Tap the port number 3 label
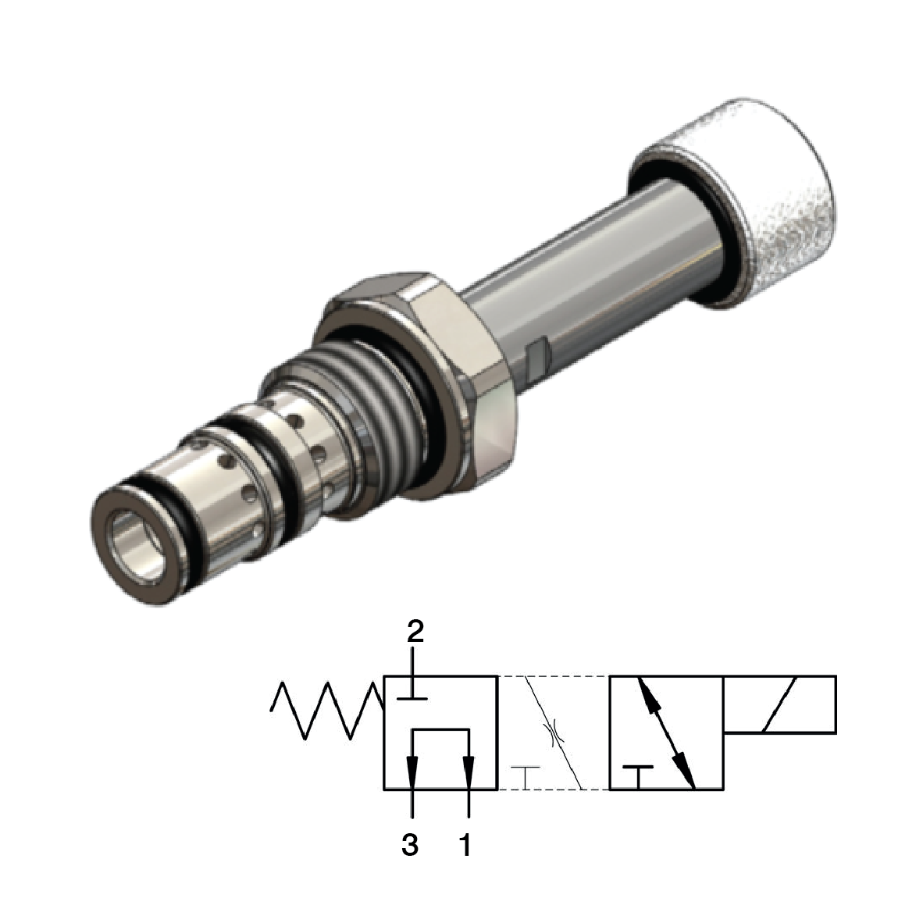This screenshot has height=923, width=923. click(x=410, y=844)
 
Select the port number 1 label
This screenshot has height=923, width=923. click(x=465, y=844)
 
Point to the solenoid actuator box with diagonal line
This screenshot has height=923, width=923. click(x=780, y=705)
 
